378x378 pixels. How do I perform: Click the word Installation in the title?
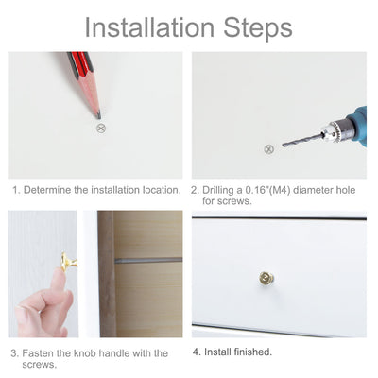click(x=149, y=27)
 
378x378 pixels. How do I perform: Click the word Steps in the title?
click(x=258, y=28)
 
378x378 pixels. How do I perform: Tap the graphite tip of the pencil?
click(x=98, y=114)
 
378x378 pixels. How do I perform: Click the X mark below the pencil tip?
click(x=101, y=129)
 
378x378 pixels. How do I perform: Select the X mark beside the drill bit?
click(x=268, y=149)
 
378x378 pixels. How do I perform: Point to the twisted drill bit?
click(x=303, y=140)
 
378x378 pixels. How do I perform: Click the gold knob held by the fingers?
click(x=68, y=262)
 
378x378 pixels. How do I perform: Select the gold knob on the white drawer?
click(x=266, y=278)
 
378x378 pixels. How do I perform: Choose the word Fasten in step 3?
click(x=38, y=353)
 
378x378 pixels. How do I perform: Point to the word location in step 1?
click(x=162, y=190)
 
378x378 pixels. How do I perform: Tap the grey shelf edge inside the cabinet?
click(x=148, y=261)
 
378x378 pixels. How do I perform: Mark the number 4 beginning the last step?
click(x=196, y=352)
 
